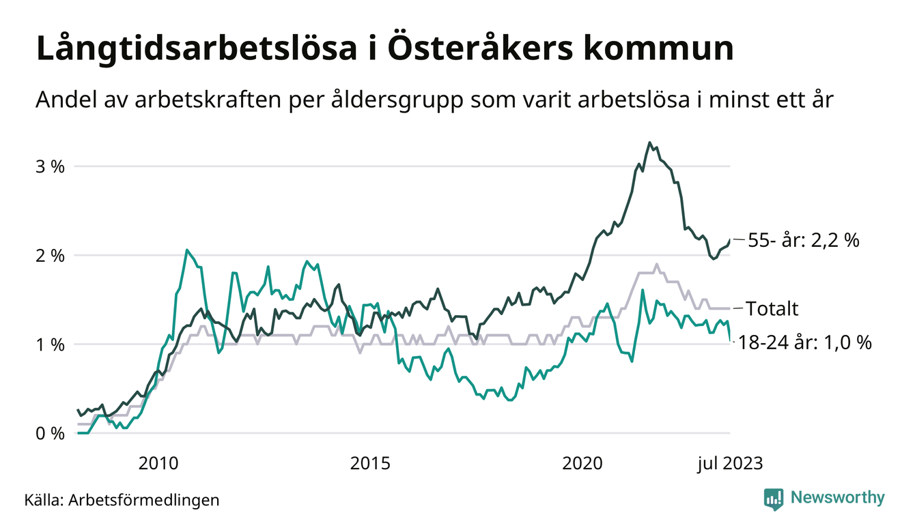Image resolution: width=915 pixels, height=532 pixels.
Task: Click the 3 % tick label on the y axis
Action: point(49,166)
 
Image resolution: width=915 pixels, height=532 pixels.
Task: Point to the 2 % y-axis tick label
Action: point(49,256)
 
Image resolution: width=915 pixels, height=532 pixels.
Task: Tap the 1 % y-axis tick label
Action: point(49,344)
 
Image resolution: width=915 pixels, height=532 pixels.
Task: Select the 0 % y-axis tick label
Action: point(49,434)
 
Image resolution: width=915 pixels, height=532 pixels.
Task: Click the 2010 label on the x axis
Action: point(158,464)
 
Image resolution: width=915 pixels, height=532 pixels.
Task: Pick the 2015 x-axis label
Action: point(370,464)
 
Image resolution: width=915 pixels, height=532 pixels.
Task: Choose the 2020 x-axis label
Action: point(582,464)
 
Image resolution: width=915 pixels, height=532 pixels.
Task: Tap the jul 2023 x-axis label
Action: point(729,464)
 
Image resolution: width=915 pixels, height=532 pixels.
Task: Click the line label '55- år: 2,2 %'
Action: point(804,240)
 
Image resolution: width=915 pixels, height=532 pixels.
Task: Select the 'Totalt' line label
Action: point(772,309)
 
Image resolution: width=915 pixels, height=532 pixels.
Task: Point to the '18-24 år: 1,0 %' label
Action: point(806,343)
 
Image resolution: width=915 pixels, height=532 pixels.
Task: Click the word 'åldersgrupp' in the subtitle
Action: point(409,101)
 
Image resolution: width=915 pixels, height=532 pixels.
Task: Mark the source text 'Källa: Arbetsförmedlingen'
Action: point(122,500)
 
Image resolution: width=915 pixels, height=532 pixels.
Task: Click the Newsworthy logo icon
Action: point(774,499)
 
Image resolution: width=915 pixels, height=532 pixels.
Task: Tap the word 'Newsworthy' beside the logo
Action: point(837,498)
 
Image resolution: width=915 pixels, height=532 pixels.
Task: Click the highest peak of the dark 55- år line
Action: point(649,143)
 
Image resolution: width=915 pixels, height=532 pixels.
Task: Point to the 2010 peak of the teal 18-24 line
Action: point(187,250)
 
